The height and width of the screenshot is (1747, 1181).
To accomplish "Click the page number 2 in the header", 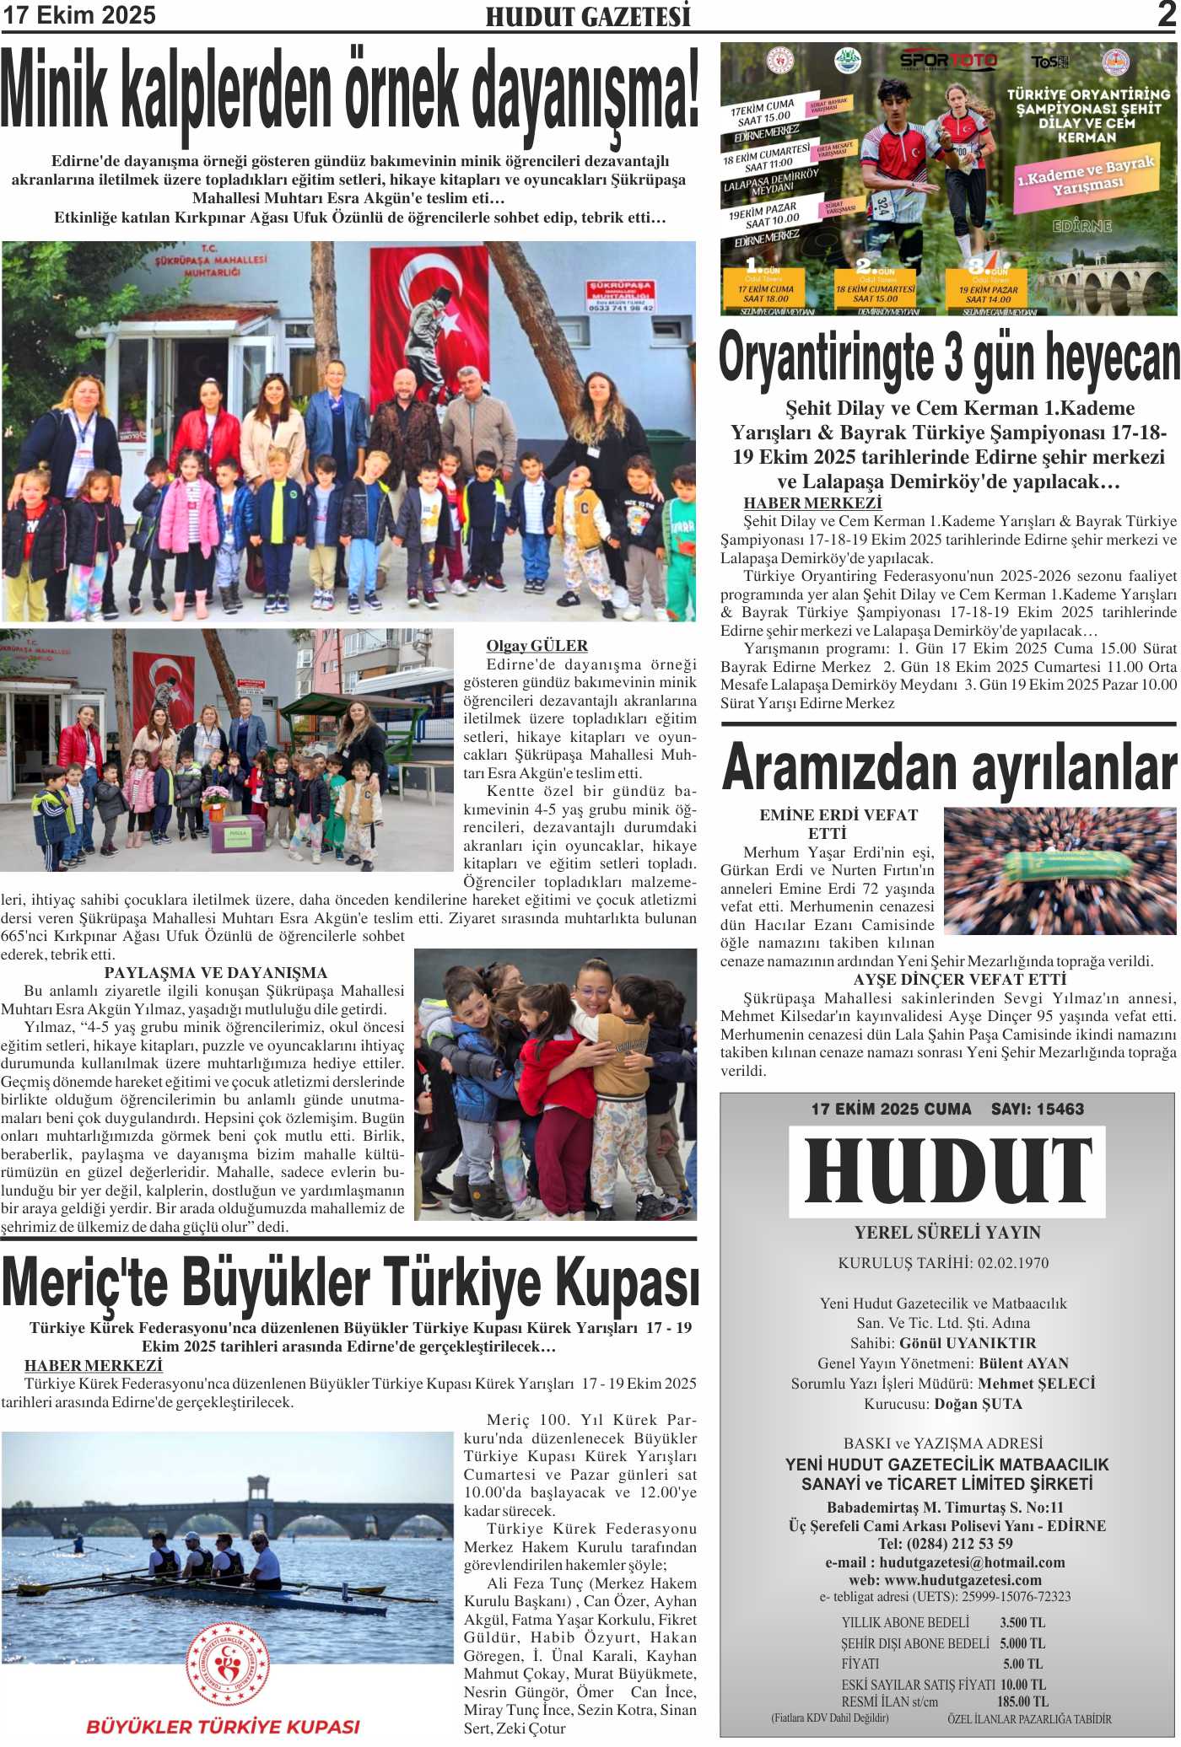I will tap(1167, 14).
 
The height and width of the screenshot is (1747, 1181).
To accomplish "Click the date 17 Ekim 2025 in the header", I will tap(80, 15).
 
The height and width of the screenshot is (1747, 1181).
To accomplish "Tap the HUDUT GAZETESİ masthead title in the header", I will tap(588, 17).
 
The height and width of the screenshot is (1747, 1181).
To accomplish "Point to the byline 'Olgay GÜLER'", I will tap(537, 646).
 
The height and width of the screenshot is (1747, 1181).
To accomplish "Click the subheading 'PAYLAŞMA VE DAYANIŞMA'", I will tap(215, 972).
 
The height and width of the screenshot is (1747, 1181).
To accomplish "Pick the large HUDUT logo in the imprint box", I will tap(947, 1171).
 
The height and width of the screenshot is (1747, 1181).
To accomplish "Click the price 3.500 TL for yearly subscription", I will tap(1022, 1622).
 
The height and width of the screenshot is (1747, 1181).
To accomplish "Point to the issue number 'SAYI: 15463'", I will tap(1037, 1110).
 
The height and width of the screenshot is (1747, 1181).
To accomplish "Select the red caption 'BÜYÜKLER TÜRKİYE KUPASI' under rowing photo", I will tap(223, 1727).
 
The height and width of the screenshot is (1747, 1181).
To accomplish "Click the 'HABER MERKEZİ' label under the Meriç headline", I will tap(93, 1365).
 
